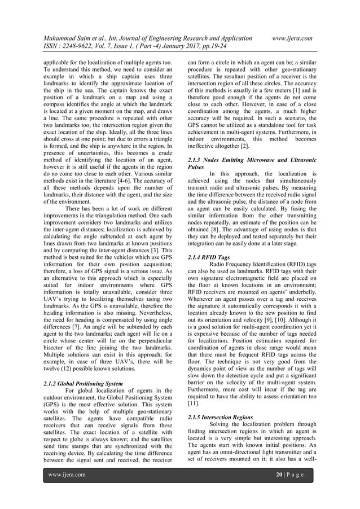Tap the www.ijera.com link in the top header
coord(292,38)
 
